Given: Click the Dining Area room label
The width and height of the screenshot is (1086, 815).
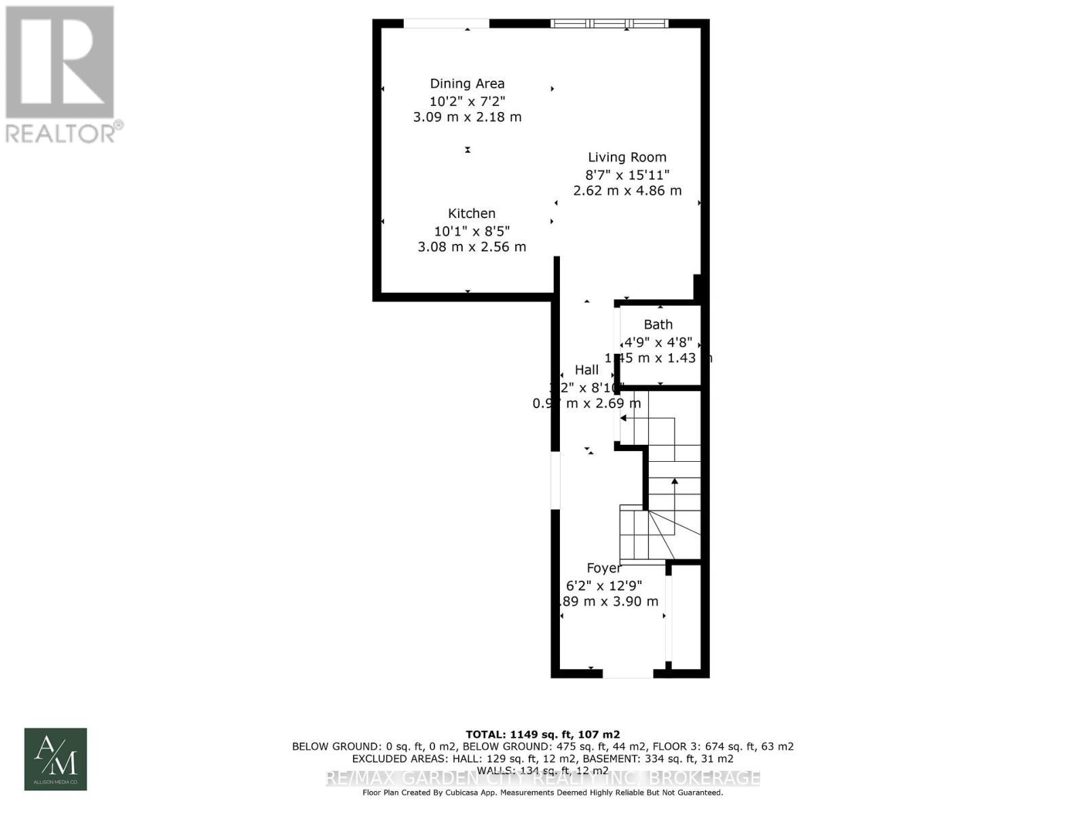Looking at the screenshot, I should [467, 84].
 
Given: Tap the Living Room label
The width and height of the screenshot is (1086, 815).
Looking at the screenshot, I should [627, 157].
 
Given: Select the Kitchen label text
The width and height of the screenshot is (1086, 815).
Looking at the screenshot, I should [472, 213].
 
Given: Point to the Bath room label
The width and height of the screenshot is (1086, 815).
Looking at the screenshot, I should [658, 325].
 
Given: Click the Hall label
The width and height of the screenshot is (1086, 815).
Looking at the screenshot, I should [586, 369].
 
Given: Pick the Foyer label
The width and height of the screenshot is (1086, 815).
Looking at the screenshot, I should [603, 568].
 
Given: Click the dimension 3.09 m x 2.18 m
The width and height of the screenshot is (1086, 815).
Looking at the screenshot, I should [467, 117].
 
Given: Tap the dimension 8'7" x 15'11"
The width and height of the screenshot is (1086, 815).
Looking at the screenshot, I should [627, 175].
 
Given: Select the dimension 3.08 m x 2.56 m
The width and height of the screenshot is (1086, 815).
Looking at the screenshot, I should [472, 247].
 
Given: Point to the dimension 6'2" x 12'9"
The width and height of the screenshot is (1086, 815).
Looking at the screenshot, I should [603, 585].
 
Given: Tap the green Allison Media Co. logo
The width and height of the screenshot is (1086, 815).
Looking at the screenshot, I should [56, 759].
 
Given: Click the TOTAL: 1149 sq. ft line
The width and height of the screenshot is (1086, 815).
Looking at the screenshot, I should [542, 734].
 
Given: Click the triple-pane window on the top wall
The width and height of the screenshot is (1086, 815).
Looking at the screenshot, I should [610, 24].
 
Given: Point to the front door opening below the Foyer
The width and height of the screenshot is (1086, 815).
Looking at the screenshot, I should [628, 674].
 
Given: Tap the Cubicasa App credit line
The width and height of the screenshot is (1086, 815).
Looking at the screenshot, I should [542, 793].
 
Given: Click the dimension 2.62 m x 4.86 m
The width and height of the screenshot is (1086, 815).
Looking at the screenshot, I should [627, 191].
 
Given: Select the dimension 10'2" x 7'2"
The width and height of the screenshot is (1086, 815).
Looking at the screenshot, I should [467, 101].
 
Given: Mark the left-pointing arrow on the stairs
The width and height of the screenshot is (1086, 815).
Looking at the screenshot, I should [624, 418].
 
